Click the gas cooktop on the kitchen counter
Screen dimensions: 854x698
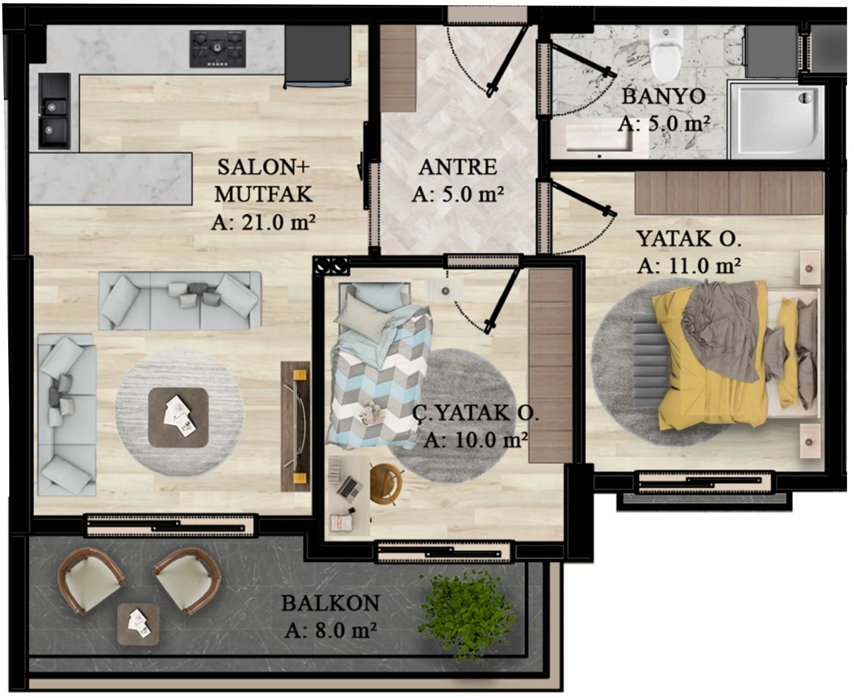pos(218,48)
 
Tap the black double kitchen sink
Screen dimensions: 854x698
pos(54,110)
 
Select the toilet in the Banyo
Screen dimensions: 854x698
pos(666,52)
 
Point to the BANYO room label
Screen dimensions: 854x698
pos(663,96)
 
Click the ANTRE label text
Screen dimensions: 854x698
pos(458,167)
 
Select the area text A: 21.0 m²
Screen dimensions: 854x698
pos(263,222)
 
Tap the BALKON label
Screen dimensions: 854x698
pos(330,603)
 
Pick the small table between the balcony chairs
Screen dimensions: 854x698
pos(138,624)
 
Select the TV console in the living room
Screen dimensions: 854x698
pos(295,426)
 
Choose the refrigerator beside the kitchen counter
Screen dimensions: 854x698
pos(318,56)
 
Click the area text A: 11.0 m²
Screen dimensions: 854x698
pos(689,266)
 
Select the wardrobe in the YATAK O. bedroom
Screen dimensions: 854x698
pos(729,193)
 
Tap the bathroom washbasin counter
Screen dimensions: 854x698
pos(599,138)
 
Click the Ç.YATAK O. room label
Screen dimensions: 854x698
pos(475,413)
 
